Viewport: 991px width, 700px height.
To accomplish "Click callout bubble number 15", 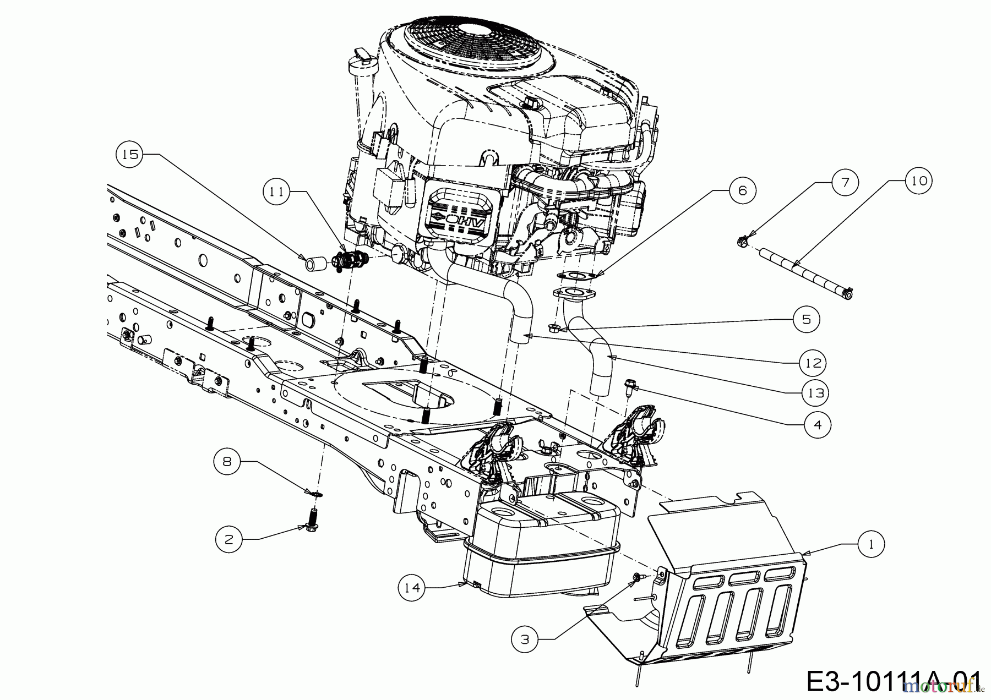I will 130,155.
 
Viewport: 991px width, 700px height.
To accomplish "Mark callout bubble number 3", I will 525,639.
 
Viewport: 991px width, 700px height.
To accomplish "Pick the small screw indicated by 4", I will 628,387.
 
